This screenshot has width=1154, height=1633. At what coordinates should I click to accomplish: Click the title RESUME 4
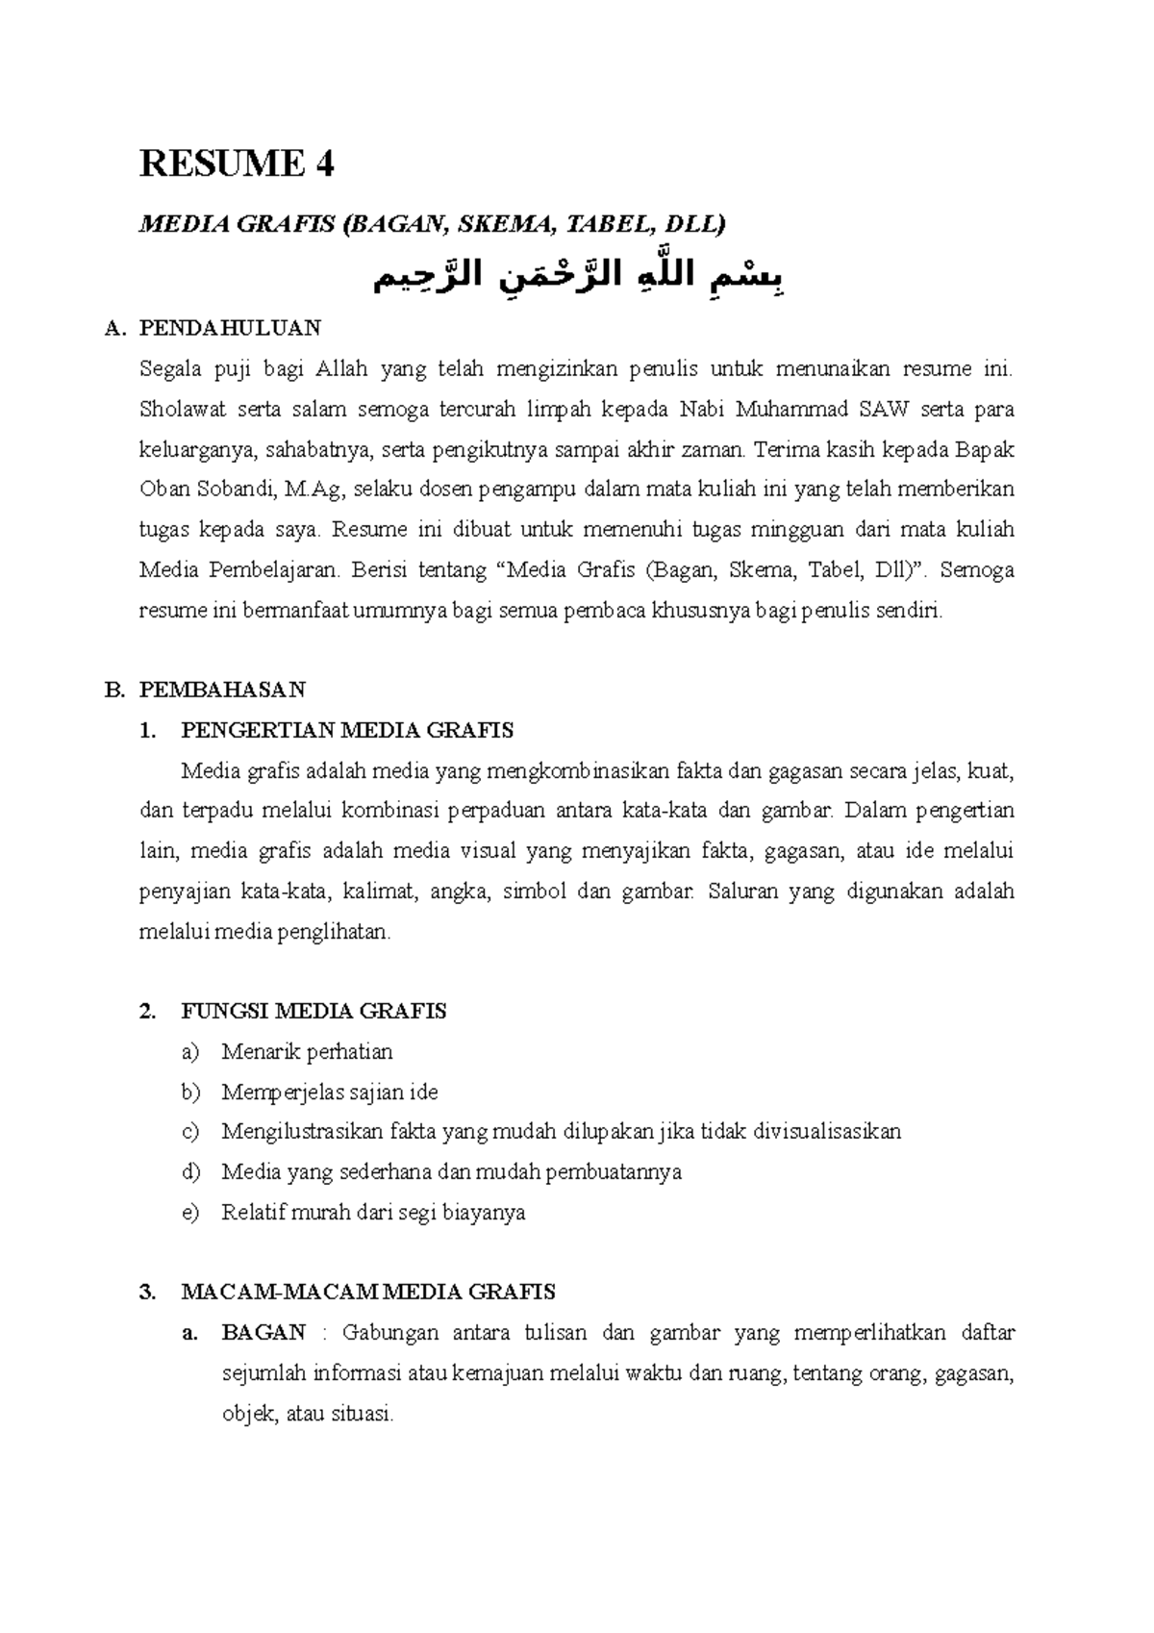coord(237,164)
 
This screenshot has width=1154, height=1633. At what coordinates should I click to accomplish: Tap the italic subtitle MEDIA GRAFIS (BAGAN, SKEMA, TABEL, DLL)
coord(433,224)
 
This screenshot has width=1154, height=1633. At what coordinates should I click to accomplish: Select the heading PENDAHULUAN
coord(230,328)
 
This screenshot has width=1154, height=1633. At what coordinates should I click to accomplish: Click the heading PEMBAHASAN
coord(222,690)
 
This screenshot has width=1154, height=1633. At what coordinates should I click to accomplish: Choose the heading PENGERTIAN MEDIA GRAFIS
coord(346,730)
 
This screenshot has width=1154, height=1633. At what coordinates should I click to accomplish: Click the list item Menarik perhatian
coord(307,1051)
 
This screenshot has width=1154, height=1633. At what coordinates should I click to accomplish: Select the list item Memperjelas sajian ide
coord(330,1092)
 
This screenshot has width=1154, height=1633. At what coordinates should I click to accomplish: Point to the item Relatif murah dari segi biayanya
coord(373,1212)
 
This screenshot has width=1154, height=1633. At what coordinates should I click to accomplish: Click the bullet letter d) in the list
coord(189,1171)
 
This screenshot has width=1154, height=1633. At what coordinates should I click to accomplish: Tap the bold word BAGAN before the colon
coord(263,1332)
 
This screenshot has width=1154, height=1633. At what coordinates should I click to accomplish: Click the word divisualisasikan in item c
coord(827,1131)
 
